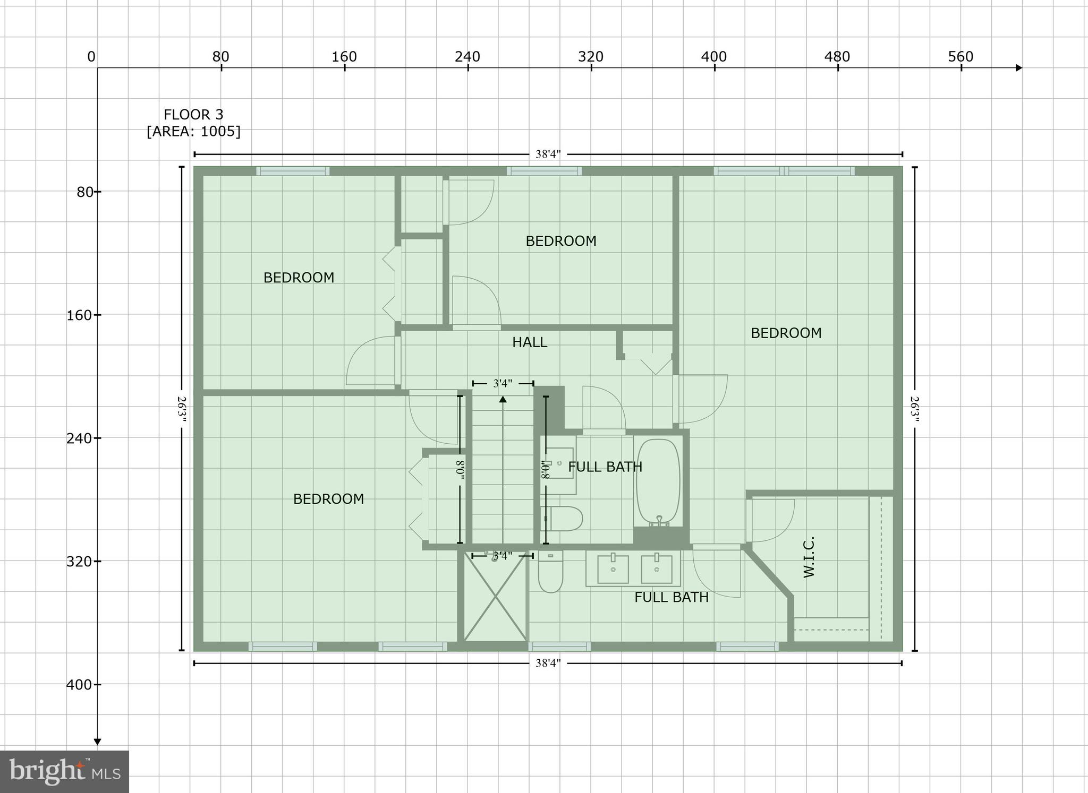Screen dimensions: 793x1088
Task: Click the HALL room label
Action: pos(529,342)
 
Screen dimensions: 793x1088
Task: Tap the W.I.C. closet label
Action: pos(809,557)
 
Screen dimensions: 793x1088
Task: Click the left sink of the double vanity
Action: pos(613,569)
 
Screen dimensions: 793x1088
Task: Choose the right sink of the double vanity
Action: pos(657,569)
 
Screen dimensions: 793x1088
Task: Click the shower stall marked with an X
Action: pos(495,596)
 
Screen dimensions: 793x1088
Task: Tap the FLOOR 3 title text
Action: pos(193,115)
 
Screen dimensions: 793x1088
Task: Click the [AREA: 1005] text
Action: pos(193,131)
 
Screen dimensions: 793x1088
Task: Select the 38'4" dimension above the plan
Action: pos(548,154)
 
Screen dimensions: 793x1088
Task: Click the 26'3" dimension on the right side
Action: pos(914,409)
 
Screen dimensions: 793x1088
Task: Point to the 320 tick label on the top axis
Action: pos(591,57)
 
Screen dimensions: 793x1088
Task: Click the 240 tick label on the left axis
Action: pos(80,438)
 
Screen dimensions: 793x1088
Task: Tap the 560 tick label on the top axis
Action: pos(960,57)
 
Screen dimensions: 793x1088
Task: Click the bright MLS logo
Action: pos(64,772)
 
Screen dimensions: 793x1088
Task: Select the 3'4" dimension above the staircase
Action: pos(503,383)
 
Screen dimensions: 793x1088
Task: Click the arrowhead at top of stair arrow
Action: pos(503,399)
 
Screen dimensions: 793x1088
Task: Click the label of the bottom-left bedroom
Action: pos(328,499)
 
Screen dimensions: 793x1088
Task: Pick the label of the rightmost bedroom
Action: pos(786,333)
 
